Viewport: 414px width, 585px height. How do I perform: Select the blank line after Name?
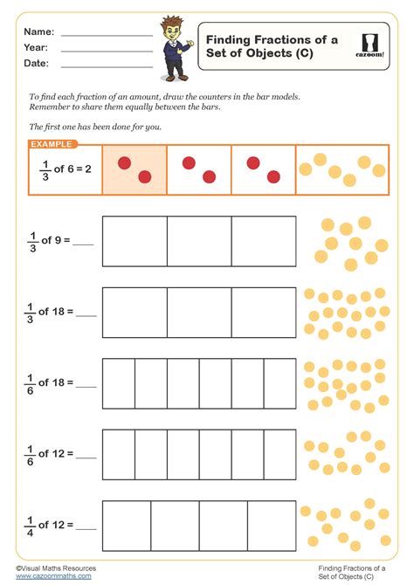point(107,34)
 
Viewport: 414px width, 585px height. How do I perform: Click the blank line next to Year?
point(107,50)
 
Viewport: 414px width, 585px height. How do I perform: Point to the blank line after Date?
point(107,65)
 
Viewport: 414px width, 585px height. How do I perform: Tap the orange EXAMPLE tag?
point(51,144)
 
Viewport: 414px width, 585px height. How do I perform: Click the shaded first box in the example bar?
point(135,169)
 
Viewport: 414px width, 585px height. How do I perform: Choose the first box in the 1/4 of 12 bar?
point(127,526)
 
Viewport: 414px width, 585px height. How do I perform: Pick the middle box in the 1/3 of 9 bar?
point(199,241)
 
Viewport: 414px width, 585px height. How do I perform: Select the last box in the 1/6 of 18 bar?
point(279,383)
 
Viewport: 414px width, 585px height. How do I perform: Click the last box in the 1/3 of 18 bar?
point(264,312)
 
